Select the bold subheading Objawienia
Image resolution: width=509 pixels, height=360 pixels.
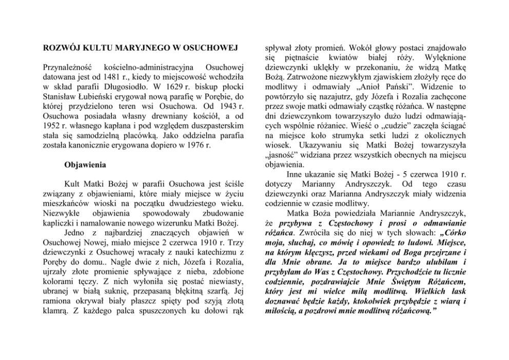click(85, 166)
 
